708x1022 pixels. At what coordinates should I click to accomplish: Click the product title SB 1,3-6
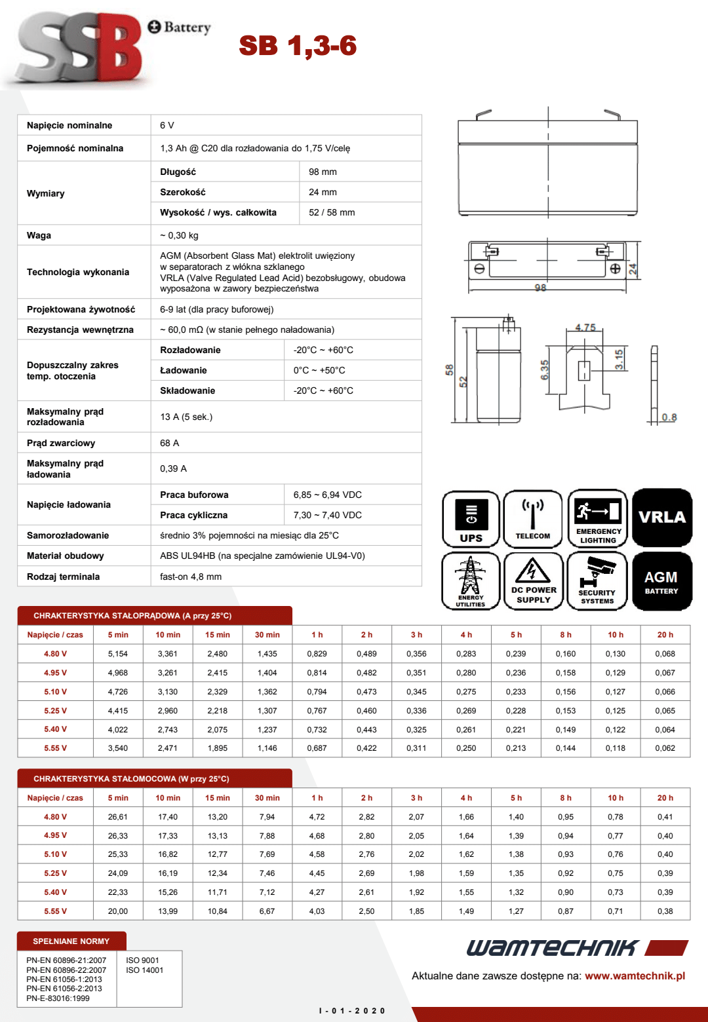point(298,46)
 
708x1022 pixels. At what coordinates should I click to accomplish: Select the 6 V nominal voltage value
point(167,125)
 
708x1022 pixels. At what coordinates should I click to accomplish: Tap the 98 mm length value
point(323,172)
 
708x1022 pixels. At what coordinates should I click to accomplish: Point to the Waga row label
point(39,235)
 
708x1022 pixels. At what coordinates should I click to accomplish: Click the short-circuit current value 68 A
point(169,443)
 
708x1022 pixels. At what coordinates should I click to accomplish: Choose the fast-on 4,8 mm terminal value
point(191,577)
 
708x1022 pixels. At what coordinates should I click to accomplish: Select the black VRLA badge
point(662,518)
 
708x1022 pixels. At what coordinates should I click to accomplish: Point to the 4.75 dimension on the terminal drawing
point(585,328)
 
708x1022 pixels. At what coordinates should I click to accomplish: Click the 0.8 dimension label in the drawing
point(669,417)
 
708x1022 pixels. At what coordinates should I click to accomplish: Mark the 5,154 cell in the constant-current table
point(118,654)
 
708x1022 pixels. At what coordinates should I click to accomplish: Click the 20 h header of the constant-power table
point(665,798)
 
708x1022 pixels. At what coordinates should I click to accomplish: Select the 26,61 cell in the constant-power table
point(118,817)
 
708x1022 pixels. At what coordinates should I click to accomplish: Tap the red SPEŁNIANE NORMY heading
point(71,941)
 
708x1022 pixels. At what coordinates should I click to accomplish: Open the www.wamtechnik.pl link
point(635,976)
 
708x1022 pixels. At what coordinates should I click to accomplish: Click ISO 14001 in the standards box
point(144,970)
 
